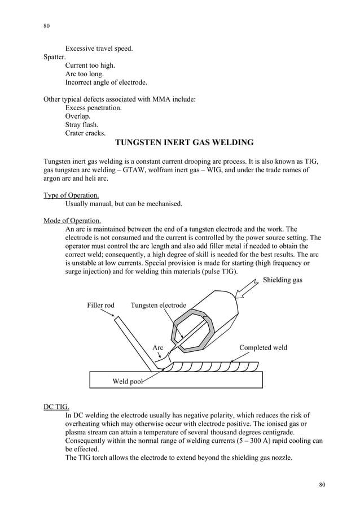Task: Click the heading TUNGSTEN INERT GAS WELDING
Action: click(x=184, y=142)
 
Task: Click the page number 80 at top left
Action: click(x=47, y=26)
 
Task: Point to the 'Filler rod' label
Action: click(x=100, y=306)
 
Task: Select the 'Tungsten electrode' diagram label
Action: click(x=158, y=306)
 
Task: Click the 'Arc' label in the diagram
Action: click(x=158, y=348)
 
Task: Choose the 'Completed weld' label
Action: click(x=263, y=347)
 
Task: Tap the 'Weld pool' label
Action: click(x=127, y=382)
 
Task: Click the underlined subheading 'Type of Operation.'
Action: click(x=67, y=195)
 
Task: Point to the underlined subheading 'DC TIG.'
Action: click(x=56, y=407)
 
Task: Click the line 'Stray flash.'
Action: click(x=82, y=125)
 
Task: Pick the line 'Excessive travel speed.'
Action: click(x=99, y=49)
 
